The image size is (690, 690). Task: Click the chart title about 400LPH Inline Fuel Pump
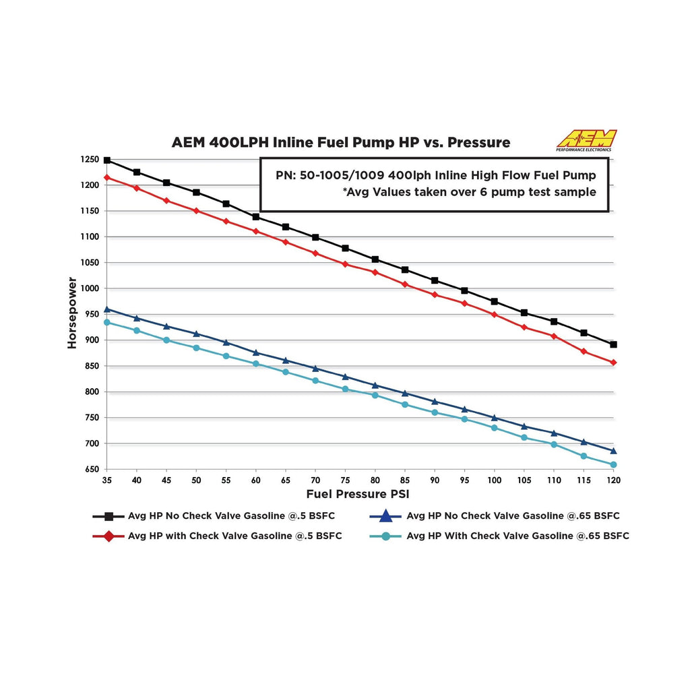(x=340, y=143)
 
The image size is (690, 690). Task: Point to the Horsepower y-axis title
(x=72, y=314)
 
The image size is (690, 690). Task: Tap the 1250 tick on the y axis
(x=90, y=160)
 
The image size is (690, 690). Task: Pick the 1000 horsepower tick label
(x=90, y=288)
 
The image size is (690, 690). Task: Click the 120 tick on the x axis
(x=613, y=480)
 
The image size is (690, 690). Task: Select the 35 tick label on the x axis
(x=106, y=480)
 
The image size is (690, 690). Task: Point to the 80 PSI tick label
(x=375, y=480)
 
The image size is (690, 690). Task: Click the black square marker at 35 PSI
(x=107, y=160)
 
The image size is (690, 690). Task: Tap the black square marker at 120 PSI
(x=613, y=344)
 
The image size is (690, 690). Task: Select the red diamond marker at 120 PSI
(x=613, y=363)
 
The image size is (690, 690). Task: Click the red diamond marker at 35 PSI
(x=107, y=178)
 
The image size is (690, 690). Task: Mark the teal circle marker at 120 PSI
(x=613, y=465)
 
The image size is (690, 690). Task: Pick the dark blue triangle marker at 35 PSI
(x=107, y=309)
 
